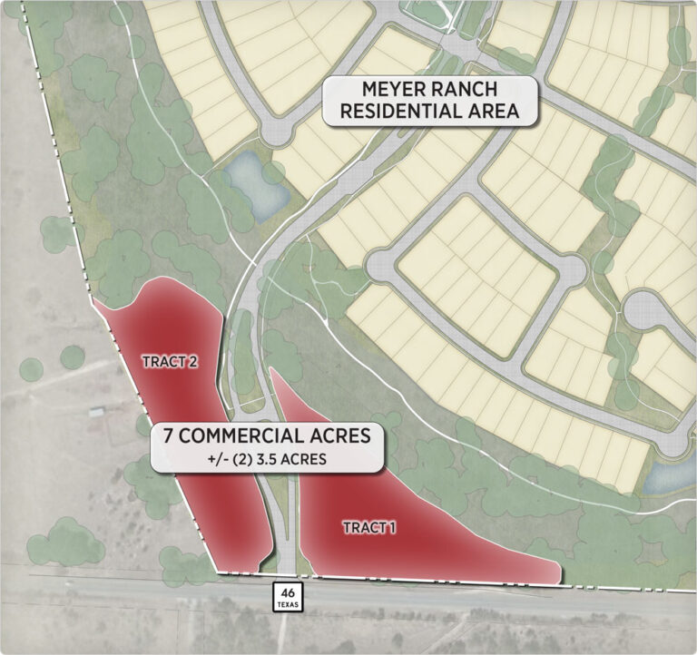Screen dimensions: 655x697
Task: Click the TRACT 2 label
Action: [170, 361]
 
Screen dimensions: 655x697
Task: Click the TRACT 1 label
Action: [369, 527]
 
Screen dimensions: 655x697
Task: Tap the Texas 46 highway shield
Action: [288, 595]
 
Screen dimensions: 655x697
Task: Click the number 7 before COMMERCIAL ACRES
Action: [169, 435]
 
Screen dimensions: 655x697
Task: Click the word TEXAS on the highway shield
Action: [288, 603]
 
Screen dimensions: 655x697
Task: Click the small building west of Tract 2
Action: [96, 412]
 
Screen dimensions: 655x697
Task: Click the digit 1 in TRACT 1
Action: [392, 527]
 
